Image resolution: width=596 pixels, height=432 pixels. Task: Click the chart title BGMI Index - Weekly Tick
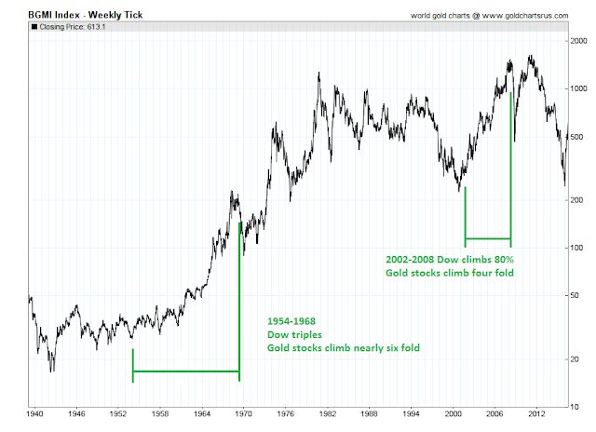(86, 15)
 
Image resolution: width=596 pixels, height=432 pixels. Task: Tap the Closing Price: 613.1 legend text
(73, 27)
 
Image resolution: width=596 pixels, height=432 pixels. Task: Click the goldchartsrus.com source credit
(490, 16)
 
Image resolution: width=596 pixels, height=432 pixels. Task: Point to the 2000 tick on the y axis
(579, 41)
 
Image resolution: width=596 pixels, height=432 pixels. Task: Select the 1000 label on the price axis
(579, 88)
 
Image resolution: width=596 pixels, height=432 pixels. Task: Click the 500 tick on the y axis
(577, 137)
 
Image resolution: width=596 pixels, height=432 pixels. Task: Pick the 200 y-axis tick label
(577, 200)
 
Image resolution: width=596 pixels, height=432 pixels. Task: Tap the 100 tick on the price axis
(577, 248)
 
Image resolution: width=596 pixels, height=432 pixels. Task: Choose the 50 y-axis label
(576, 295)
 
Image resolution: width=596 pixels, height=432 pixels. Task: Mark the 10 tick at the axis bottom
(576, 407)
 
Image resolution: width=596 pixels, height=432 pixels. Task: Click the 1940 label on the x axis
(34, 413)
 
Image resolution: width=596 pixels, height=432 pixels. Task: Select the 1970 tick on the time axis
(244, 413)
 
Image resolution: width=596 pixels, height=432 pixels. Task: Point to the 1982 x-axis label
(328, 413)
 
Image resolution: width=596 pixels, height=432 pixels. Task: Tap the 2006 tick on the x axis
(494, 413)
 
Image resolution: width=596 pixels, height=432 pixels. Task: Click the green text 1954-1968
(291, 321)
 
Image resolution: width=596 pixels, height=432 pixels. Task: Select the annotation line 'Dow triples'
(294, 335)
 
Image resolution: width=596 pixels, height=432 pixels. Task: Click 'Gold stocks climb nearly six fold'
(344, 348)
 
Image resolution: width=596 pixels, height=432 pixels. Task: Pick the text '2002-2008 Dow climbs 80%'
(450, 260)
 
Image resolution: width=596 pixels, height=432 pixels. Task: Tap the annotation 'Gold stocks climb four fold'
(450, 273)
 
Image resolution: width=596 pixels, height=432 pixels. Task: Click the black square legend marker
(34, 27)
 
